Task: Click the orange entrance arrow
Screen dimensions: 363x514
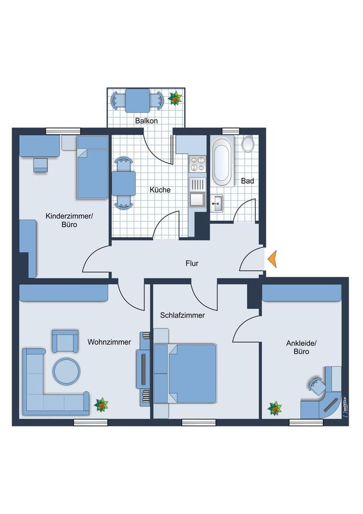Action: click(x=273, y=259)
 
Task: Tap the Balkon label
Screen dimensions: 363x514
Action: click(x=147, y=120)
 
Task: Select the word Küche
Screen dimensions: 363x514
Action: click(x=160, y=190)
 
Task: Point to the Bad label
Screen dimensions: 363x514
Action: click(x=247, y=180)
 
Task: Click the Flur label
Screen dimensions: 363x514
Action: click(x=192, y=263)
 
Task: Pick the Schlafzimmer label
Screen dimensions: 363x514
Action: click(x=183, y=315)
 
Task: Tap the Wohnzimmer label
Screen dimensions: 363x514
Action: click(x=109, y=342)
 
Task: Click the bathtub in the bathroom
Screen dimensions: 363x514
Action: click(x=223, y=161)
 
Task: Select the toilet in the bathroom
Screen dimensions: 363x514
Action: click(x=247, y=144)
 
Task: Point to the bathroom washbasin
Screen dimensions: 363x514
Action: click(x=217, y=203)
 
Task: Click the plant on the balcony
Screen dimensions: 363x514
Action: click(x=175, y=98)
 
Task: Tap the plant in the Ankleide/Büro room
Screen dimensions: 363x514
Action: click(x=275, y=409)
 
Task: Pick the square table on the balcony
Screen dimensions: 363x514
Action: click(x=137, y=100)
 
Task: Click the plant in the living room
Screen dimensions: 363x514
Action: click(x=101, y=405)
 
